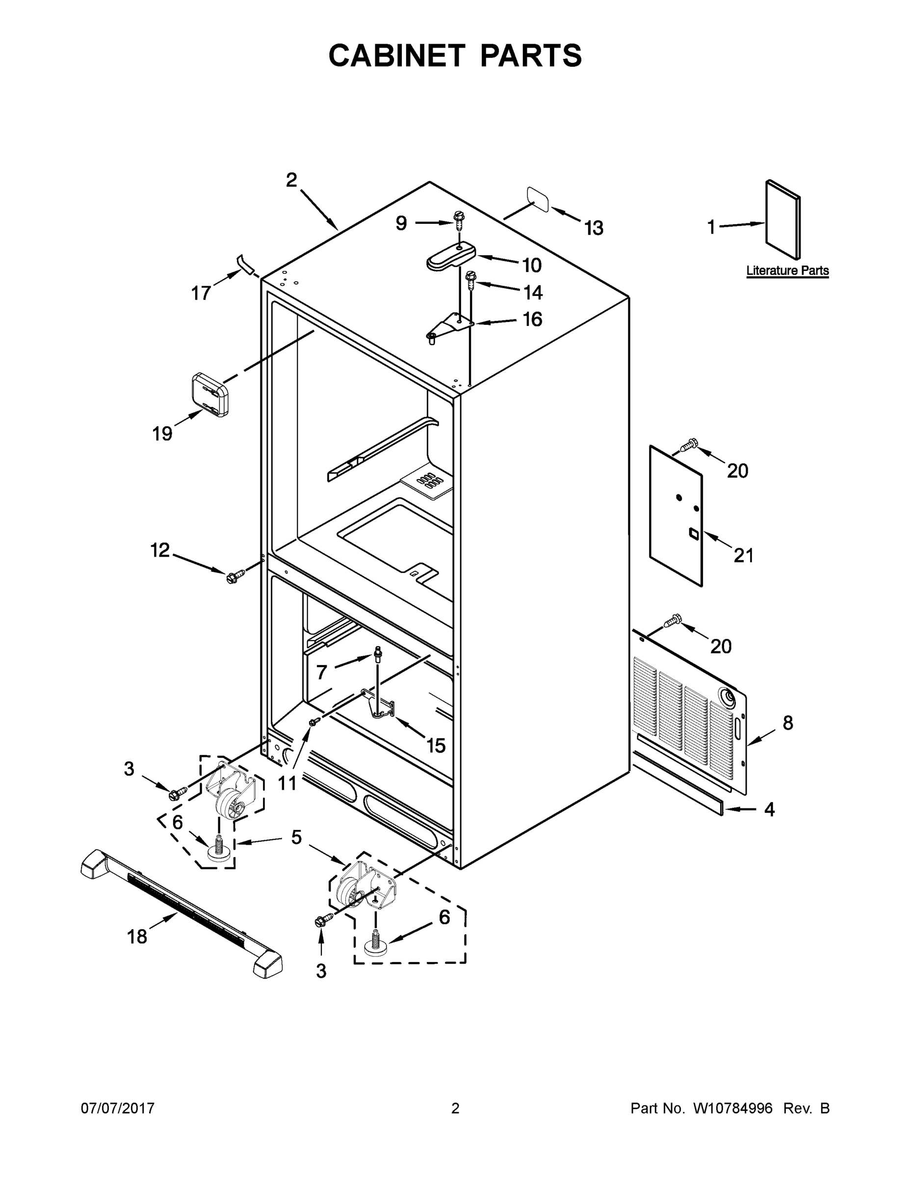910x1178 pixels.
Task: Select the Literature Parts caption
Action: pyautogui.click(x=787, y=271)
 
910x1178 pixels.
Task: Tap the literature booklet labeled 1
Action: pyautogui.click(x=783, y=219)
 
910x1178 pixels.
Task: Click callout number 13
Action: pyautogui.click(x=594, y=228)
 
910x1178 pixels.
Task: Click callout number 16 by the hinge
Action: pyautogui.click(x=532, y=320)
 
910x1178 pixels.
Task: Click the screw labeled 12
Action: pyautogui.click(x=234, y=576)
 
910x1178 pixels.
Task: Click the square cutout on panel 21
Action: pyautogui.click(x=693, y=534)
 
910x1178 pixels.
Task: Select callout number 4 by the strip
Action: pyautogui.click(x=769, y=809)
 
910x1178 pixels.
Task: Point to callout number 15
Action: pyautogui.click(x=436, y=746)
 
